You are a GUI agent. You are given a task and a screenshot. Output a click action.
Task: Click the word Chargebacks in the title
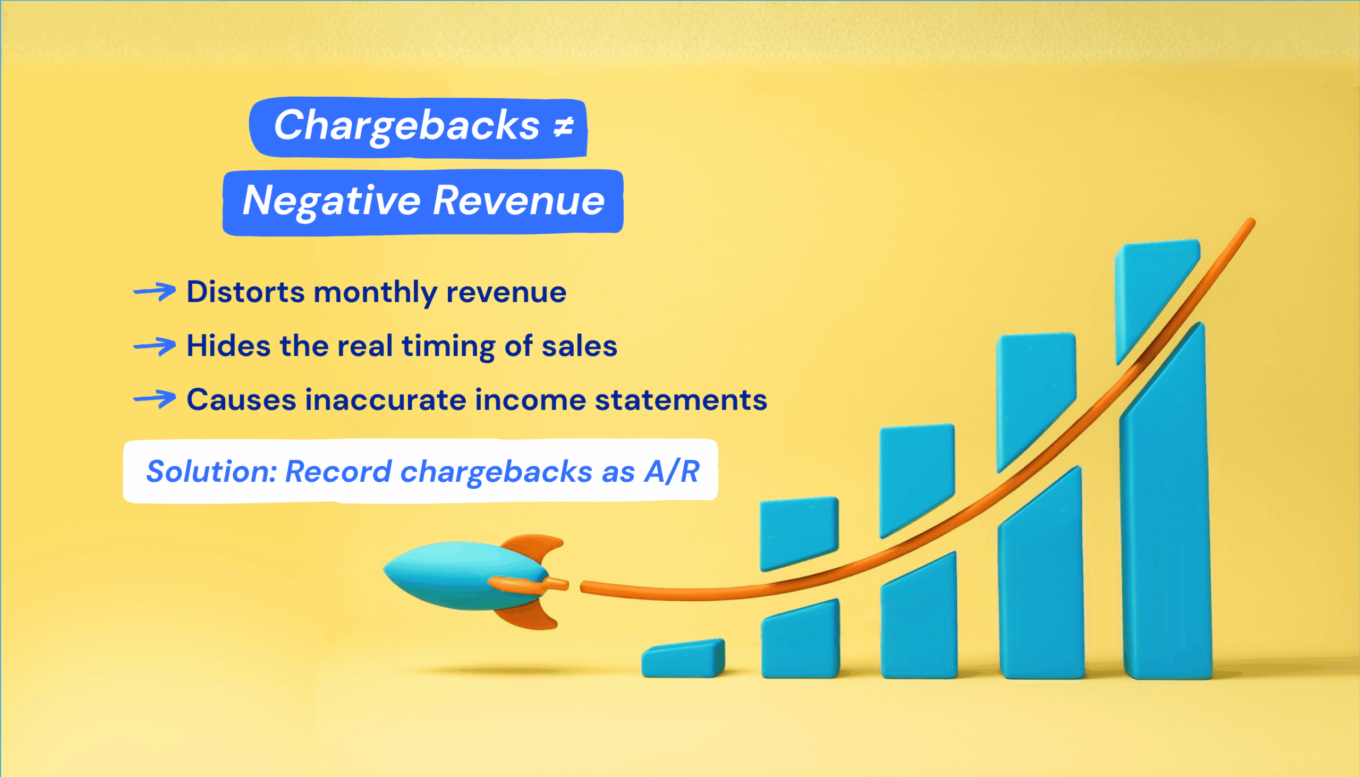[407, 126]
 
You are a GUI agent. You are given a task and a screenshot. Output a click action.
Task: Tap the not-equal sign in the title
[563, 127]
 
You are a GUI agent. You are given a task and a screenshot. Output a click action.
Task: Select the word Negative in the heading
[331, 201]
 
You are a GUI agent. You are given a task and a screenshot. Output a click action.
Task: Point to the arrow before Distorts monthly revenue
[154, 292]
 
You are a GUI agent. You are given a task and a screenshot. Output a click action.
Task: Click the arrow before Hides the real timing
[154, 346]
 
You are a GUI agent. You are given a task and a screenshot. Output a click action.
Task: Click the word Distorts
[245, 292]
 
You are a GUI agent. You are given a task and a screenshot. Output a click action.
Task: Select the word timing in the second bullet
[448, 347]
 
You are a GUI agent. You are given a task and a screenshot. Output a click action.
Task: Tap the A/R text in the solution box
[671, 471]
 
